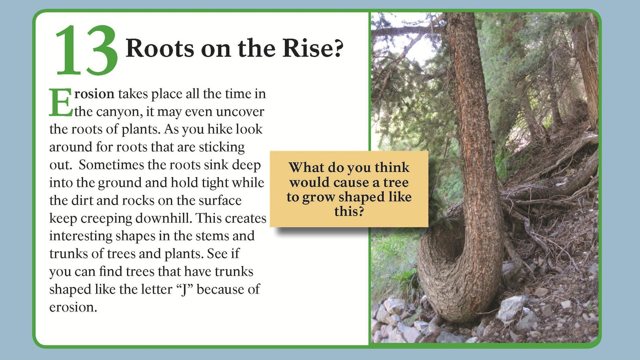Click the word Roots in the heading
tap(159, 48)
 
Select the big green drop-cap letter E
tap(60, 103)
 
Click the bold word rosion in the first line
tap(94, 94)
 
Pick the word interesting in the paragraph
tap(80, 236)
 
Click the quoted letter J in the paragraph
tap(184, 289)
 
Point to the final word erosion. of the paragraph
tap(73, 307)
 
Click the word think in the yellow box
tap(392, 167)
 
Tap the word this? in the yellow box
tap(349, 211)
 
